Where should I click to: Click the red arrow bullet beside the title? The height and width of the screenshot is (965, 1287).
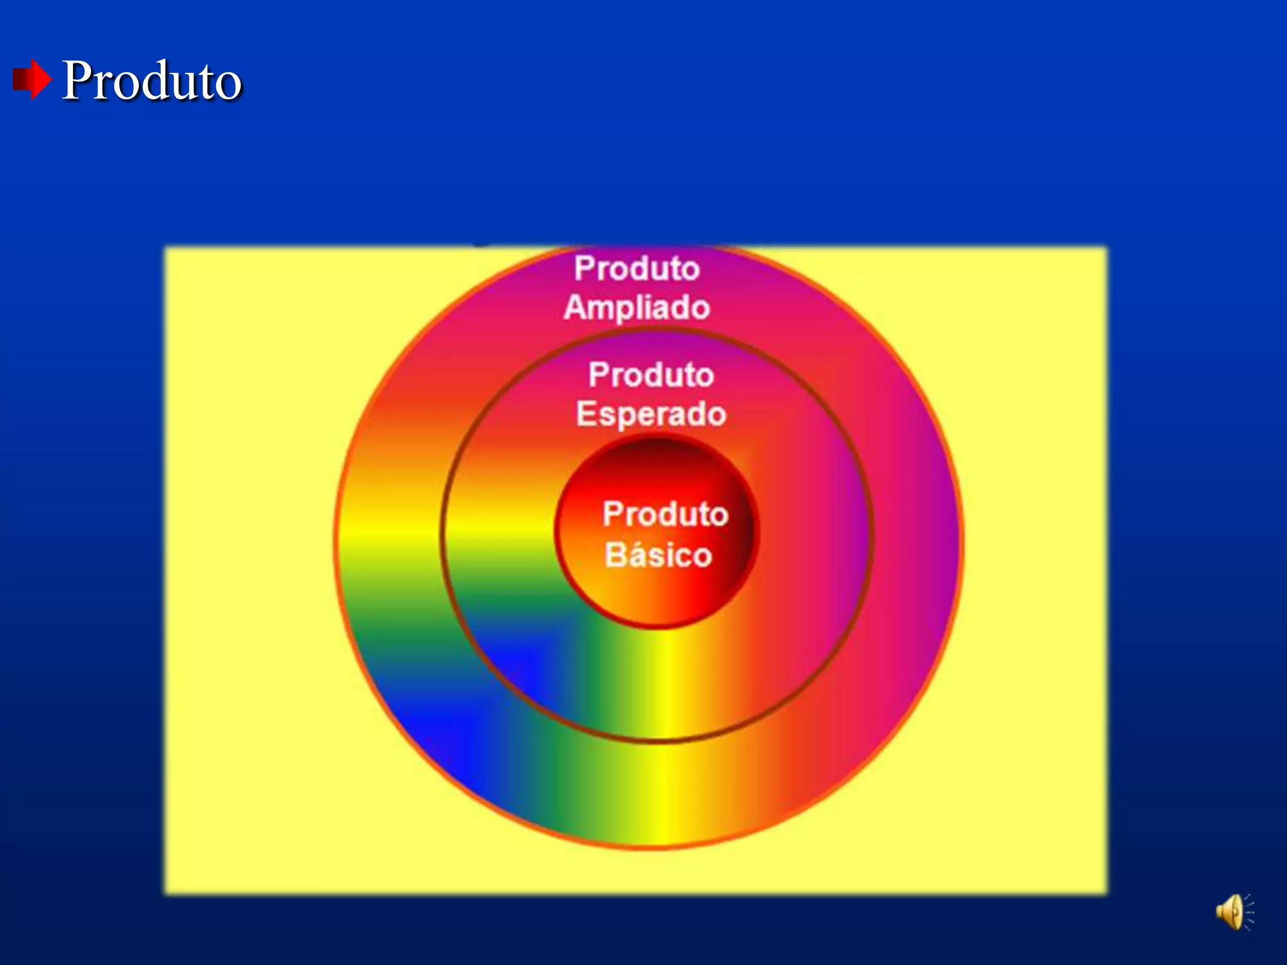click(x=31, y=80)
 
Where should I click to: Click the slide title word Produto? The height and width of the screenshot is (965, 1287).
click(x=151, y=80)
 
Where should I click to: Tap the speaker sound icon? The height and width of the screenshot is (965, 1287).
click(x=1234, y=912)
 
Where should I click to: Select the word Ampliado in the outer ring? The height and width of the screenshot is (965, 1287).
click(x=637, y=308)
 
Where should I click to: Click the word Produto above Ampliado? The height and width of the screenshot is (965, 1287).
click(x=637, y=269)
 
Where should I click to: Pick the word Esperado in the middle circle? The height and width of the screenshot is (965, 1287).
click(x=651, y=415)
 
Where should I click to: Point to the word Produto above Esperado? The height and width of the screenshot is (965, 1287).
click(x=651, y=375)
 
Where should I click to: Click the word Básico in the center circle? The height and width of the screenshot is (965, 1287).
click(x=658, y=555)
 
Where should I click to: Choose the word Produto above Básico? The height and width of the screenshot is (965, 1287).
click(x=665, y=514)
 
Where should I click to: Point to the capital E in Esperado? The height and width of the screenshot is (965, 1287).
click(x=586, y=415)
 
